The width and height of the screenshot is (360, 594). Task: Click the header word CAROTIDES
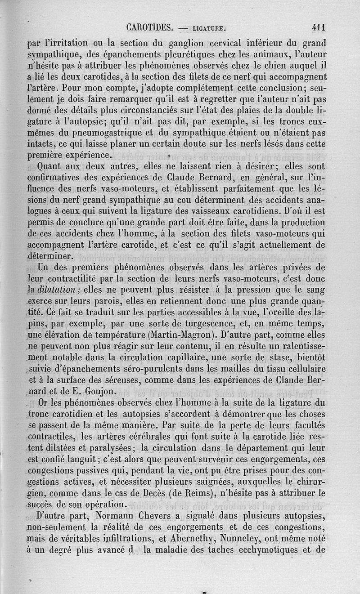[150, 27]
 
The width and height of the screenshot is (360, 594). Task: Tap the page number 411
[319, 27]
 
